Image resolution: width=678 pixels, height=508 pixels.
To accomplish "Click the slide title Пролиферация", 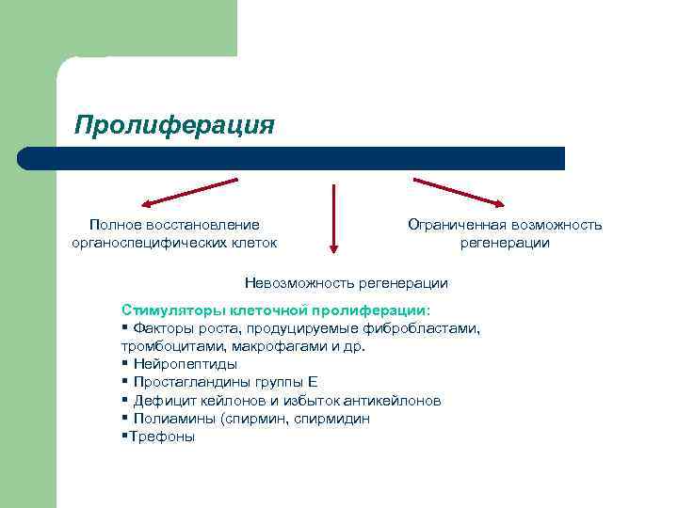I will pos(174,125).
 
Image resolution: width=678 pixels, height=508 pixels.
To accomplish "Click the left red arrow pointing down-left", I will pos(188,191).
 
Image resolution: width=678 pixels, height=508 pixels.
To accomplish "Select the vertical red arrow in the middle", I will pos(331,216).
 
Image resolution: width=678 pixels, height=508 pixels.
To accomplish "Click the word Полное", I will pos(115,225).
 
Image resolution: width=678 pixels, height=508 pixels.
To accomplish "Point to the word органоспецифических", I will pos(143,243).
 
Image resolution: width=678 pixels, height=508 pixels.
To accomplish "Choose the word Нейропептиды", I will pos(186,364).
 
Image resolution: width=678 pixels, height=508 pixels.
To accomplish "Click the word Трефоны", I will pos(162,436).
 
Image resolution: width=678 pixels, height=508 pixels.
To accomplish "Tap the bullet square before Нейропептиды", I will pos(124,364).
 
